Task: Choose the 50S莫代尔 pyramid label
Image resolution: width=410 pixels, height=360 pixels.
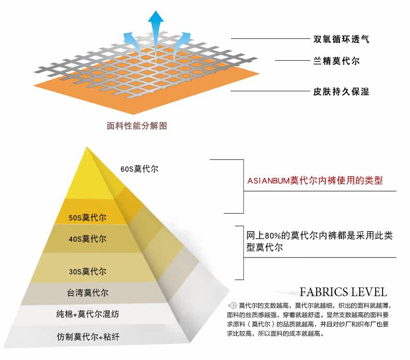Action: [x=88, y=218]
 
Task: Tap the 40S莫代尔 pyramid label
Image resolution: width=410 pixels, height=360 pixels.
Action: [x=88, y=239]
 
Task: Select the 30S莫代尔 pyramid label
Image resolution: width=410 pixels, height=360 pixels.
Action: [x=88, y=271]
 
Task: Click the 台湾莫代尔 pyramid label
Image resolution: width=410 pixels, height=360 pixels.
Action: [x=87, y=292]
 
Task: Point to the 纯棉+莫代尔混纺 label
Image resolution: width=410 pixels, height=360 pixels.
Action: [x=88, y=314]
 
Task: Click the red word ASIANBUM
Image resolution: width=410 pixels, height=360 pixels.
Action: [x=268, y=181]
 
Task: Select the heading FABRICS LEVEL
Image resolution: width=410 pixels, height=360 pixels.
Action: [x=343, y=292]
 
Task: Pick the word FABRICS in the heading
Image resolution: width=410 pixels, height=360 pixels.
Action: [x=323, y=292]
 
